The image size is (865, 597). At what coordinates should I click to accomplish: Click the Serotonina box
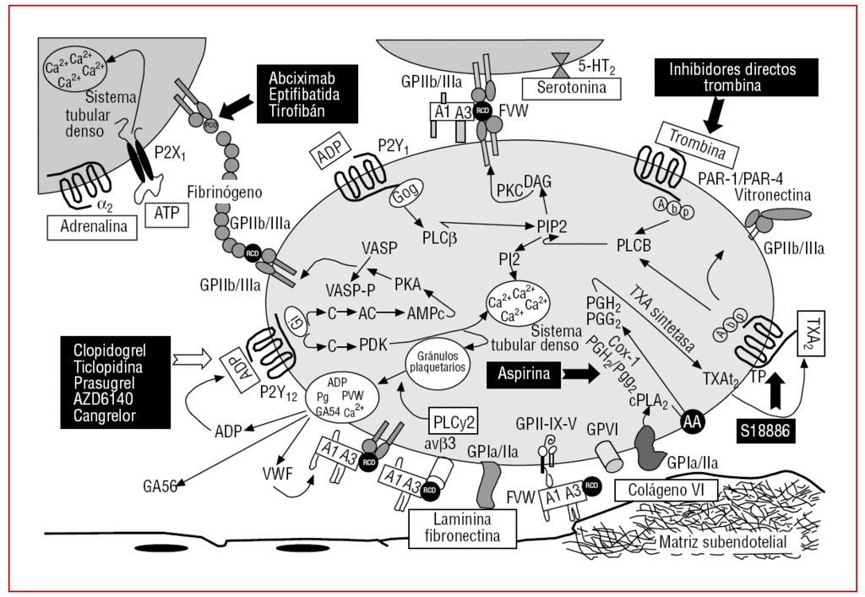tap(571, 87)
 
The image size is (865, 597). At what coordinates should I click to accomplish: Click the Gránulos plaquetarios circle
tap(438, 363)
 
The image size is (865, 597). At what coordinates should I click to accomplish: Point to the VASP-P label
tap(351, 287)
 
